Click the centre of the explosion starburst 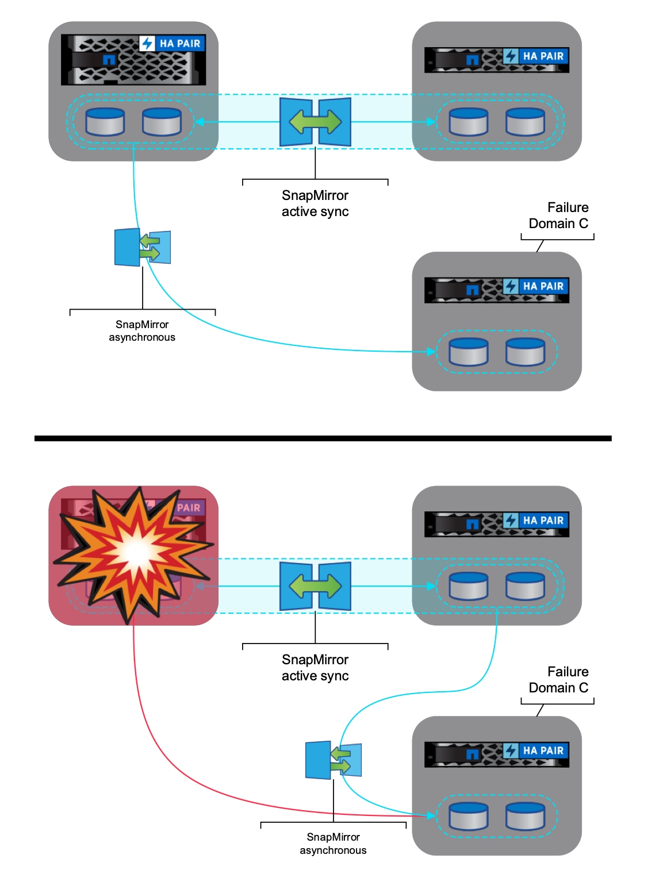tap(137, 553)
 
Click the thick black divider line tap(323, 438)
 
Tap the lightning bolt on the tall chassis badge tap(147, 44)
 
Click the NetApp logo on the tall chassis tap(109, 60)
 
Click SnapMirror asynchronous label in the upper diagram tap(142, 331)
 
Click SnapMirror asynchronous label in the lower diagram tap(333, 844)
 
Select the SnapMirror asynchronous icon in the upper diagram tap(143, 247)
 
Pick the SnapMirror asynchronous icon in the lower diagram tap(334, 760)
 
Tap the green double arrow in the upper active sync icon tap(315, 121)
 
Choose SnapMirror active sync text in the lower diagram tap(315, 668)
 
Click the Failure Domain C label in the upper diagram tap(558, 215)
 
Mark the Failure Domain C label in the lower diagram tap(558, 680)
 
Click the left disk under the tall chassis tap(105, 121)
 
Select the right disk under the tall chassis tap(162, 121)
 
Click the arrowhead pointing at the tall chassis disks tap(198, 121)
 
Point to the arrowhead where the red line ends tap(431, 815)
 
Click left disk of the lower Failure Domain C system tap(469, 816)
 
